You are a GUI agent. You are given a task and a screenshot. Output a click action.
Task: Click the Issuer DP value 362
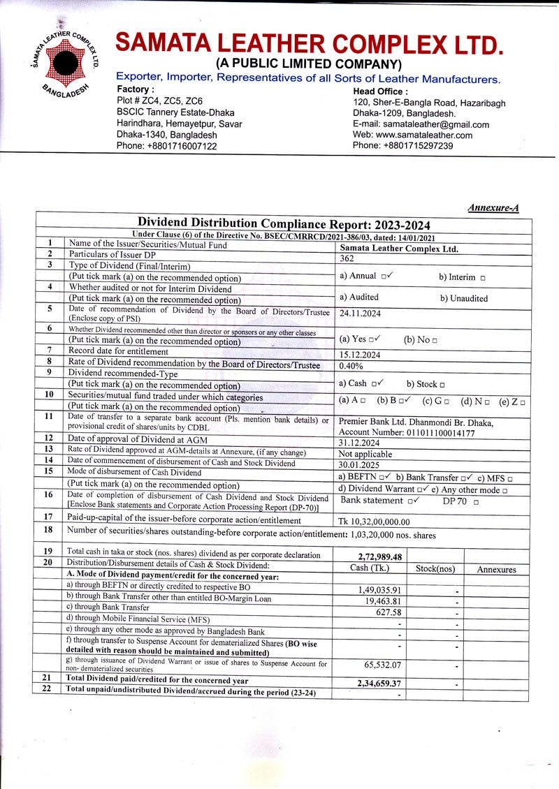click(x=347, y=257)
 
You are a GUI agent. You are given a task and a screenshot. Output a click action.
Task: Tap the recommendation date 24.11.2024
click(x=361, y=314)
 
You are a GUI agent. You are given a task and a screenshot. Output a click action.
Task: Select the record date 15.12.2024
click(x=361, y=354)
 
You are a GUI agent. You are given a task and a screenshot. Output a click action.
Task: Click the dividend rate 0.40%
click(x=351, y=365)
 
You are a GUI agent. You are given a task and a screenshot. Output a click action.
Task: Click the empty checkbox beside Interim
click(x=483, y=278)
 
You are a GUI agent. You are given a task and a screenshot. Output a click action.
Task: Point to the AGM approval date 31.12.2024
click(x=361, y=443)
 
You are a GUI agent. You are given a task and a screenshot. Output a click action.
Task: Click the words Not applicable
click(x=365, y=454)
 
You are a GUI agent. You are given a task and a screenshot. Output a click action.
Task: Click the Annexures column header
click(x=496, y=570)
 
